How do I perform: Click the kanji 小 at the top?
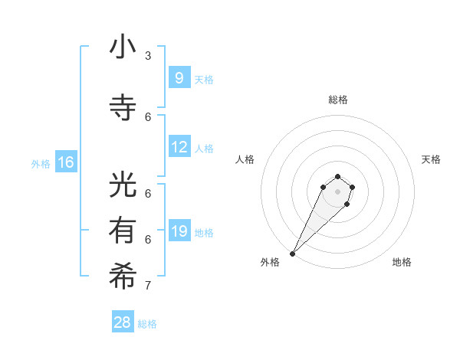(x=123, y=47)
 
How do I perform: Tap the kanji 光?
(x=123, y=187)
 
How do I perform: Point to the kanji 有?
(x=123, y=231)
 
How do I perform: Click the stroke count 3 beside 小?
(x=148, y=56)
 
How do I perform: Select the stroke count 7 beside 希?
(x=148, y=286)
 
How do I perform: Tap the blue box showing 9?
(x=179, y=77)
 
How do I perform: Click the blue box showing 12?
(x=179, y=147)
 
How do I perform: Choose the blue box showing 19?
(x=179, y=231)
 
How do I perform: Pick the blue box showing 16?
(x=65, y=162)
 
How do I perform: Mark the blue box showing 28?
(x=123, y=322)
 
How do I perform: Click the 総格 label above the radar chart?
(x=337, y=100)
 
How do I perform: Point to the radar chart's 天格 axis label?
(x=431, y=159)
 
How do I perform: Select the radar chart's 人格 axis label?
(x=245, y=159)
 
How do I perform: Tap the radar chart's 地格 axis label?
(x=402, y=262)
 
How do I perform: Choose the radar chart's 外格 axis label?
(x=270, y=262)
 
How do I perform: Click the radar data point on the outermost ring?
(x=293, y=253)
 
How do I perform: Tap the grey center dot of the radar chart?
(x=337, y=191)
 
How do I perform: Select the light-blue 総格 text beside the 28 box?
(x=147, y=324)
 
